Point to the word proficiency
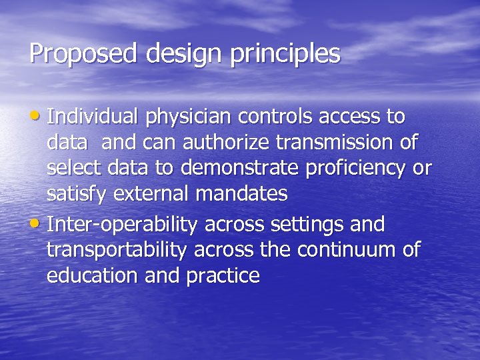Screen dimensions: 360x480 [x=357, y=169]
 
